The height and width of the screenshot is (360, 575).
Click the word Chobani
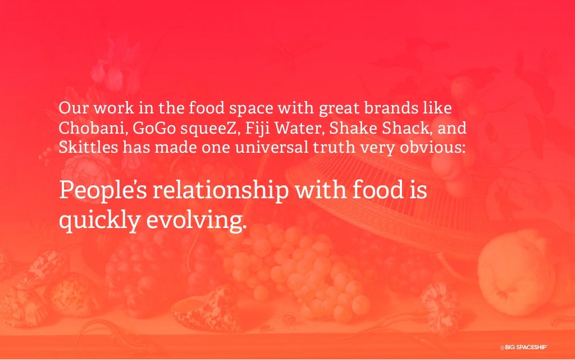coord(93,128)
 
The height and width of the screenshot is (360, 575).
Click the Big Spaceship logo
coord(523,347)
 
